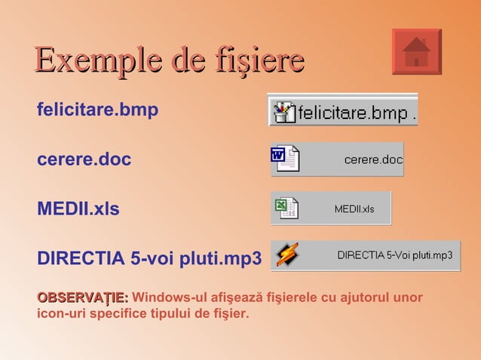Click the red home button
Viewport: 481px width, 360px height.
point(416,52)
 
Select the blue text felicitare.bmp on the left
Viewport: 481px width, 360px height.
point(97,110)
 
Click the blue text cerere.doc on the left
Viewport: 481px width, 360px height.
point(84,160)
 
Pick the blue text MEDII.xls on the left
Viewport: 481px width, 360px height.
point(78,209)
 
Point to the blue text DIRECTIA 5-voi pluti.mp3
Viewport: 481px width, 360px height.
point(149,258)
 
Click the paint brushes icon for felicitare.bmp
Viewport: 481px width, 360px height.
point(284,111)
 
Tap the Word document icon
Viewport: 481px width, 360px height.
point(284,158)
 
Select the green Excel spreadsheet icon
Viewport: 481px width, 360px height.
point(285,207)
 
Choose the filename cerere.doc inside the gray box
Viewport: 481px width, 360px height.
point(373,160)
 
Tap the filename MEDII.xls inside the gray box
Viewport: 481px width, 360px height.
point(354,209)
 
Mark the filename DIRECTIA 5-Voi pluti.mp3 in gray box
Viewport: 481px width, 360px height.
point(394,255)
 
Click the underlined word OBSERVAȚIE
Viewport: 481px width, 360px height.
point(82,297)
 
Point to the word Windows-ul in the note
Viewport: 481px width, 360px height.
point(169,297)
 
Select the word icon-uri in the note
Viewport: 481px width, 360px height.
point(62,313)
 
